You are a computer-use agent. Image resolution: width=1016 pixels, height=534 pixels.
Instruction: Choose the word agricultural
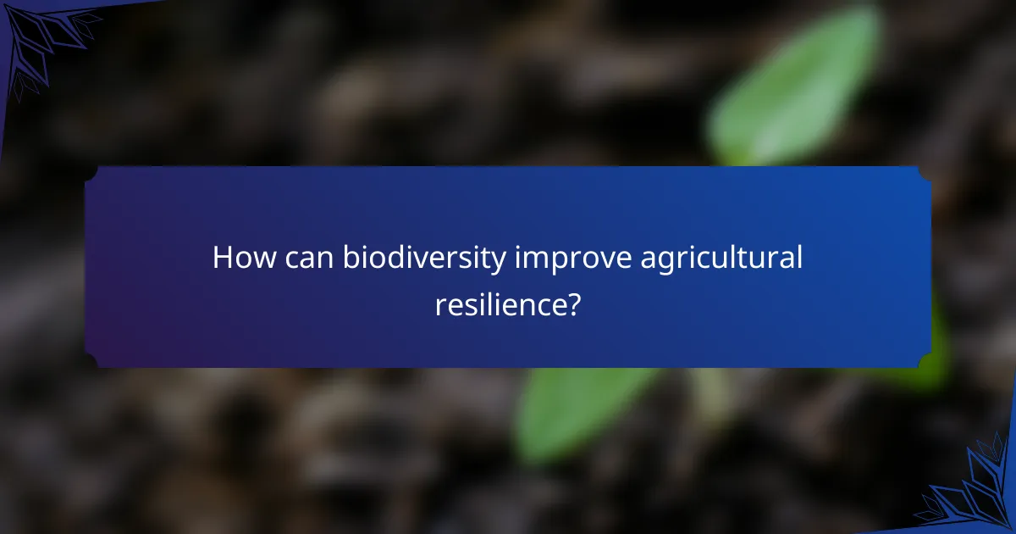[721, 259]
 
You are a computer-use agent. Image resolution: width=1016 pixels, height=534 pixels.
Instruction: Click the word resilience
[499, 305]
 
